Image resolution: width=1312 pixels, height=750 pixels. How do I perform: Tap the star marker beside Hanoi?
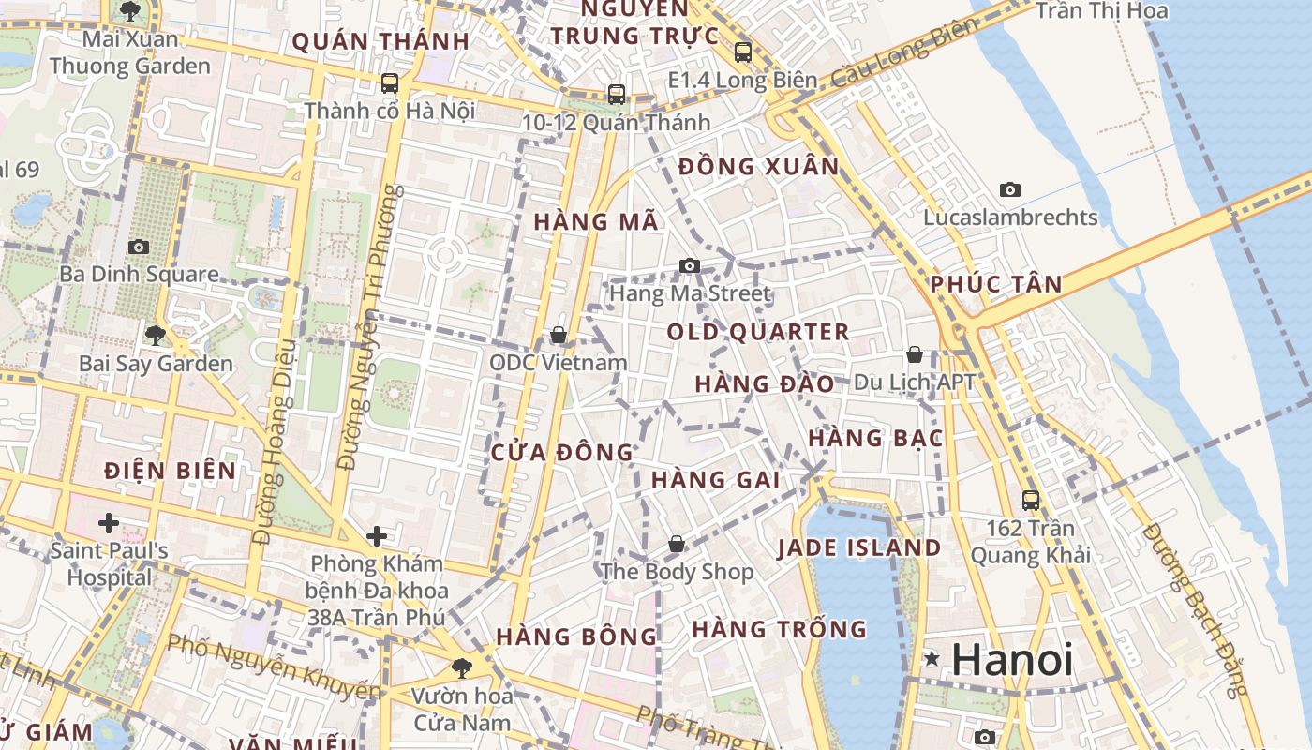click(x=932, y=659)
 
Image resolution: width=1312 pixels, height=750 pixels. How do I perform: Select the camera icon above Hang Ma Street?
click(x=690, y=266)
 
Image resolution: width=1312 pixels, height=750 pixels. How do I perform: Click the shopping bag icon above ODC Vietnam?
click(x=559, y=335)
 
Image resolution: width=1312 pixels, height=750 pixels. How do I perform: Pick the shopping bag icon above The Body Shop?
click(x=677, y=544)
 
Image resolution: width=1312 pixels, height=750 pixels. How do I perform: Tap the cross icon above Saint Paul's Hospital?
click(x=109, y=522)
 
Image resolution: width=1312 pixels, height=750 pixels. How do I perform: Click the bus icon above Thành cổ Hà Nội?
click(x=390, y=83)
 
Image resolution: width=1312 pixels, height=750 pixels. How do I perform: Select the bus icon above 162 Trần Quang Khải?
click(x=1031, y=500)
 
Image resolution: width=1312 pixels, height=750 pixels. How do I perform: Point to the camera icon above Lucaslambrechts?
click(x=1009, y=189)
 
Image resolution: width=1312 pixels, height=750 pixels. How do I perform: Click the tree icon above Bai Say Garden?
click(x=156, y=335)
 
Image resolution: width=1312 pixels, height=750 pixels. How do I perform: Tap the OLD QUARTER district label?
click(x=758, y=332)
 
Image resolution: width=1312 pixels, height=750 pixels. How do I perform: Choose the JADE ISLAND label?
click(x=859, y=548)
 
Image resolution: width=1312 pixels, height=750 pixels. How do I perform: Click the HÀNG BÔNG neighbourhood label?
click(x=576, y=637)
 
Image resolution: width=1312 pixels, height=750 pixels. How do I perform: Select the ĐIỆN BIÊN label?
click(x=171, y=471)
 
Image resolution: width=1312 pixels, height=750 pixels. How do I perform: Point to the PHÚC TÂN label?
click(x=996, y=284)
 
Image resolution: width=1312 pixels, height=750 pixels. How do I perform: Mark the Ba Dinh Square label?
click(x=139, y=275)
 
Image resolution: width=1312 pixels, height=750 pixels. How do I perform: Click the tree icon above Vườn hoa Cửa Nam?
click(x=461, y=667)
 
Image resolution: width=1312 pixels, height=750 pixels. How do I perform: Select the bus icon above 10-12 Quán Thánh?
click(x=617, y=95)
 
